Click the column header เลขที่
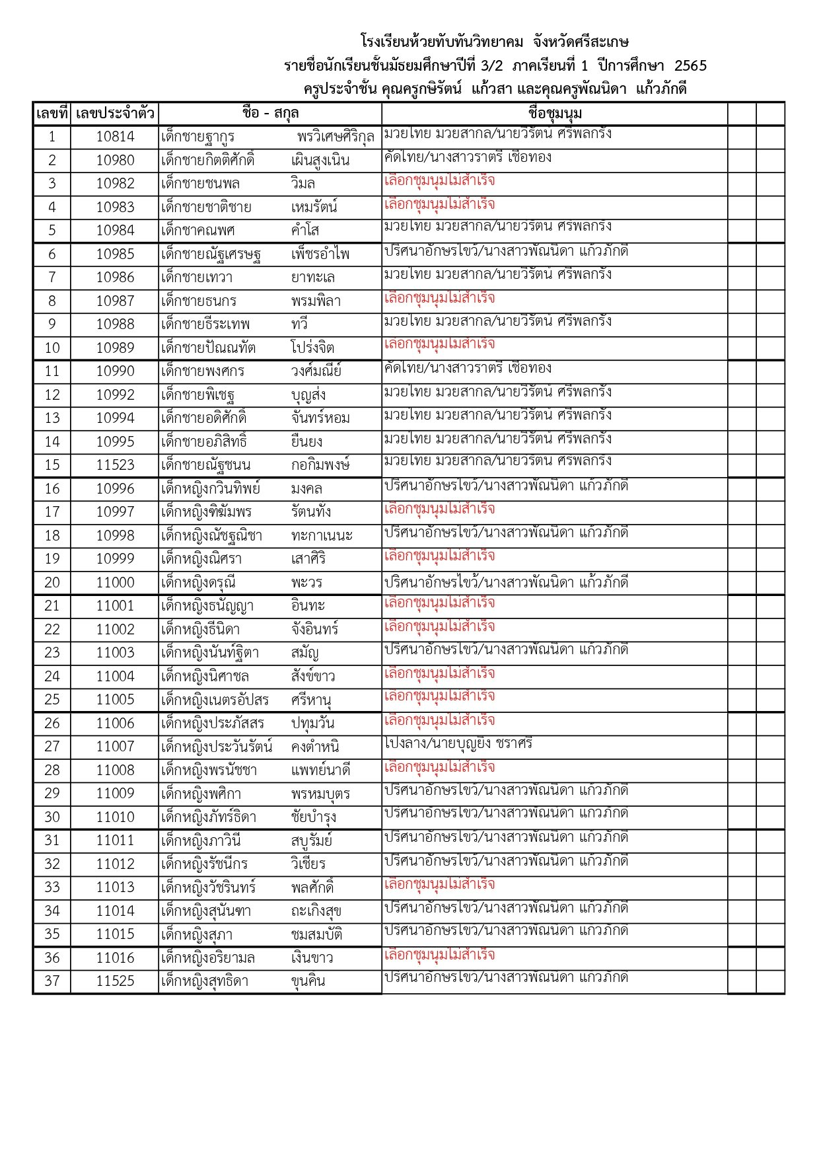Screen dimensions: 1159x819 point(52,114)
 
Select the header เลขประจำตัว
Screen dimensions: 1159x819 point(115,114)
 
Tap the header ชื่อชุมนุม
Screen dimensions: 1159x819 point(555,114)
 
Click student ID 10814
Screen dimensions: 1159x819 point(115,137)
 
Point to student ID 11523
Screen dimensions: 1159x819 point(115,465)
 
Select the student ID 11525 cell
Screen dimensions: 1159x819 point(115,981)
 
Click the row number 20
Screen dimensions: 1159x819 point(52,583)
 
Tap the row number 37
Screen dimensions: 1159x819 point(52,981)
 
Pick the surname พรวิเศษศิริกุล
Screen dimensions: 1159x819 point(336,137)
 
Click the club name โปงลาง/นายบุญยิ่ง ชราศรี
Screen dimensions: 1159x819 point(458,743)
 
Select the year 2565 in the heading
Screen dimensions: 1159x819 point(690,65)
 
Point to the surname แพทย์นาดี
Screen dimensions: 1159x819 point(320,770)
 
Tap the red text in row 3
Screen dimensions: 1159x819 point(439,181)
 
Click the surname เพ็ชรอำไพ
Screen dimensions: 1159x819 point(320,254)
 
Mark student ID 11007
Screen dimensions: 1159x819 point(115,747)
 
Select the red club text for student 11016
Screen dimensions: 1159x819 point(439,955)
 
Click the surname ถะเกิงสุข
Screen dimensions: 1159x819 point(316,911)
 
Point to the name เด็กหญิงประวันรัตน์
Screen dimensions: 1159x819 point(217,747)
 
